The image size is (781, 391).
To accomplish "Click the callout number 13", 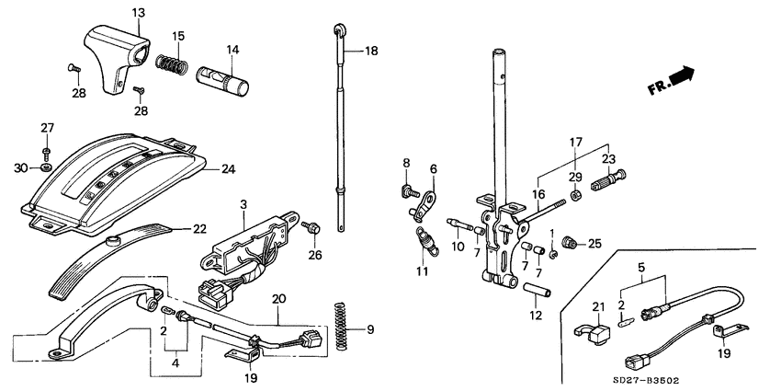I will (139, 12).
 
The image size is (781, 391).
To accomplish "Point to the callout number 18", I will (371, 51).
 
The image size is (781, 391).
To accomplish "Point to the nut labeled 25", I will (572, 243).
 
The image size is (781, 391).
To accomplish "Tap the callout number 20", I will (279, 299).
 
